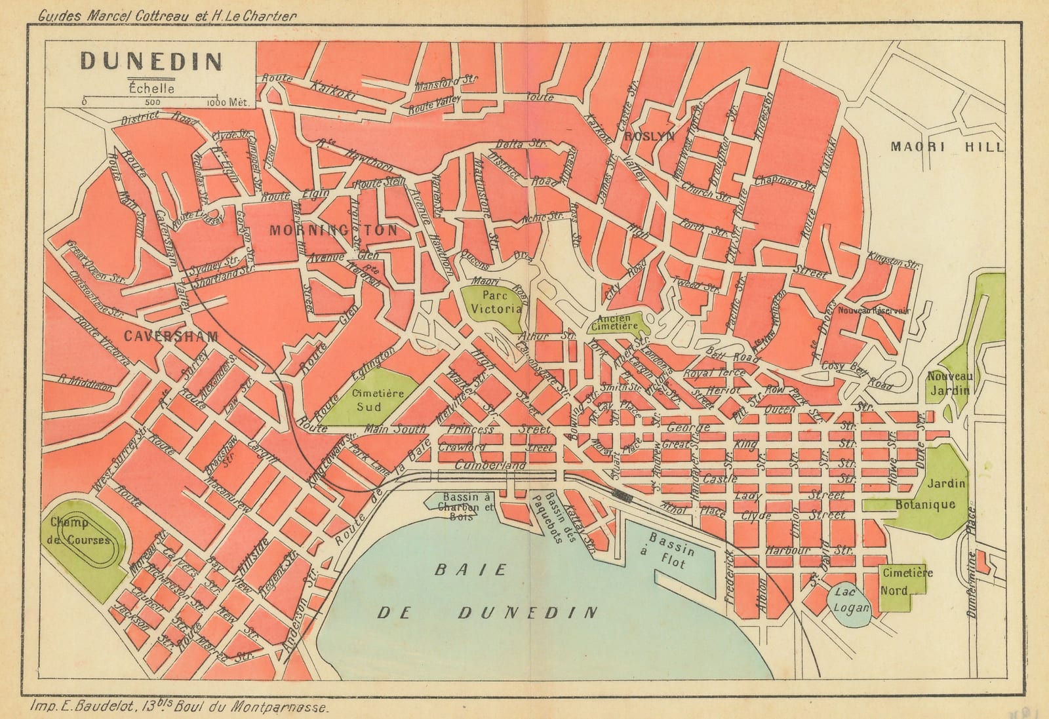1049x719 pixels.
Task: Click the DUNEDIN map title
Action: point(151,62)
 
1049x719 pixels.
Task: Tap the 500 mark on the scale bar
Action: point(151,102)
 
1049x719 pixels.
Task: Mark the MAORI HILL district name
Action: point(946,147)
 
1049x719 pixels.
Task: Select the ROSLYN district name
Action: point(649,136)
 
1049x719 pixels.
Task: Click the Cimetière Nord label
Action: point(907,581)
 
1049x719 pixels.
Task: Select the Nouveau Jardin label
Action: point(949,383)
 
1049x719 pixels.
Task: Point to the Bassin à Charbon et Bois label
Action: point(450,507)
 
